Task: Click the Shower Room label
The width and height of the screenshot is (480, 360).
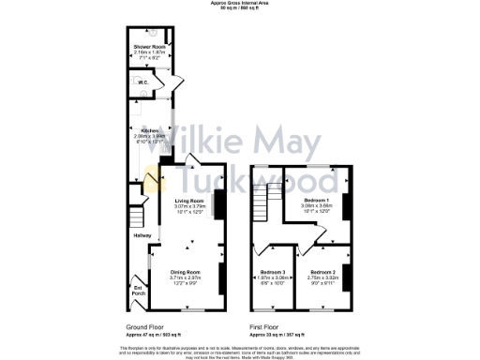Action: click(149, 45)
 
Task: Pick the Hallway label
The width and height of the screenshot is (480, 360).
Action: click(141, 234)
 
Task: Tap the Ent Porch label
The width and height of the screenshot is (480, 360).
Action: click(138, 290)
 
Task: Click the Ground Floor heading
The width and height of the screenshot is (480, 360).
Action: click(144, 327)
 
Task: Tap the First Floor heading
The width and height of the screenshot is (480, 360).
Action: click(265, 327)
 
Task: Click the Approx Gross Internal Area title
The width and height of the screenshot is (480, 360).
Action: click(239, 4)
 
